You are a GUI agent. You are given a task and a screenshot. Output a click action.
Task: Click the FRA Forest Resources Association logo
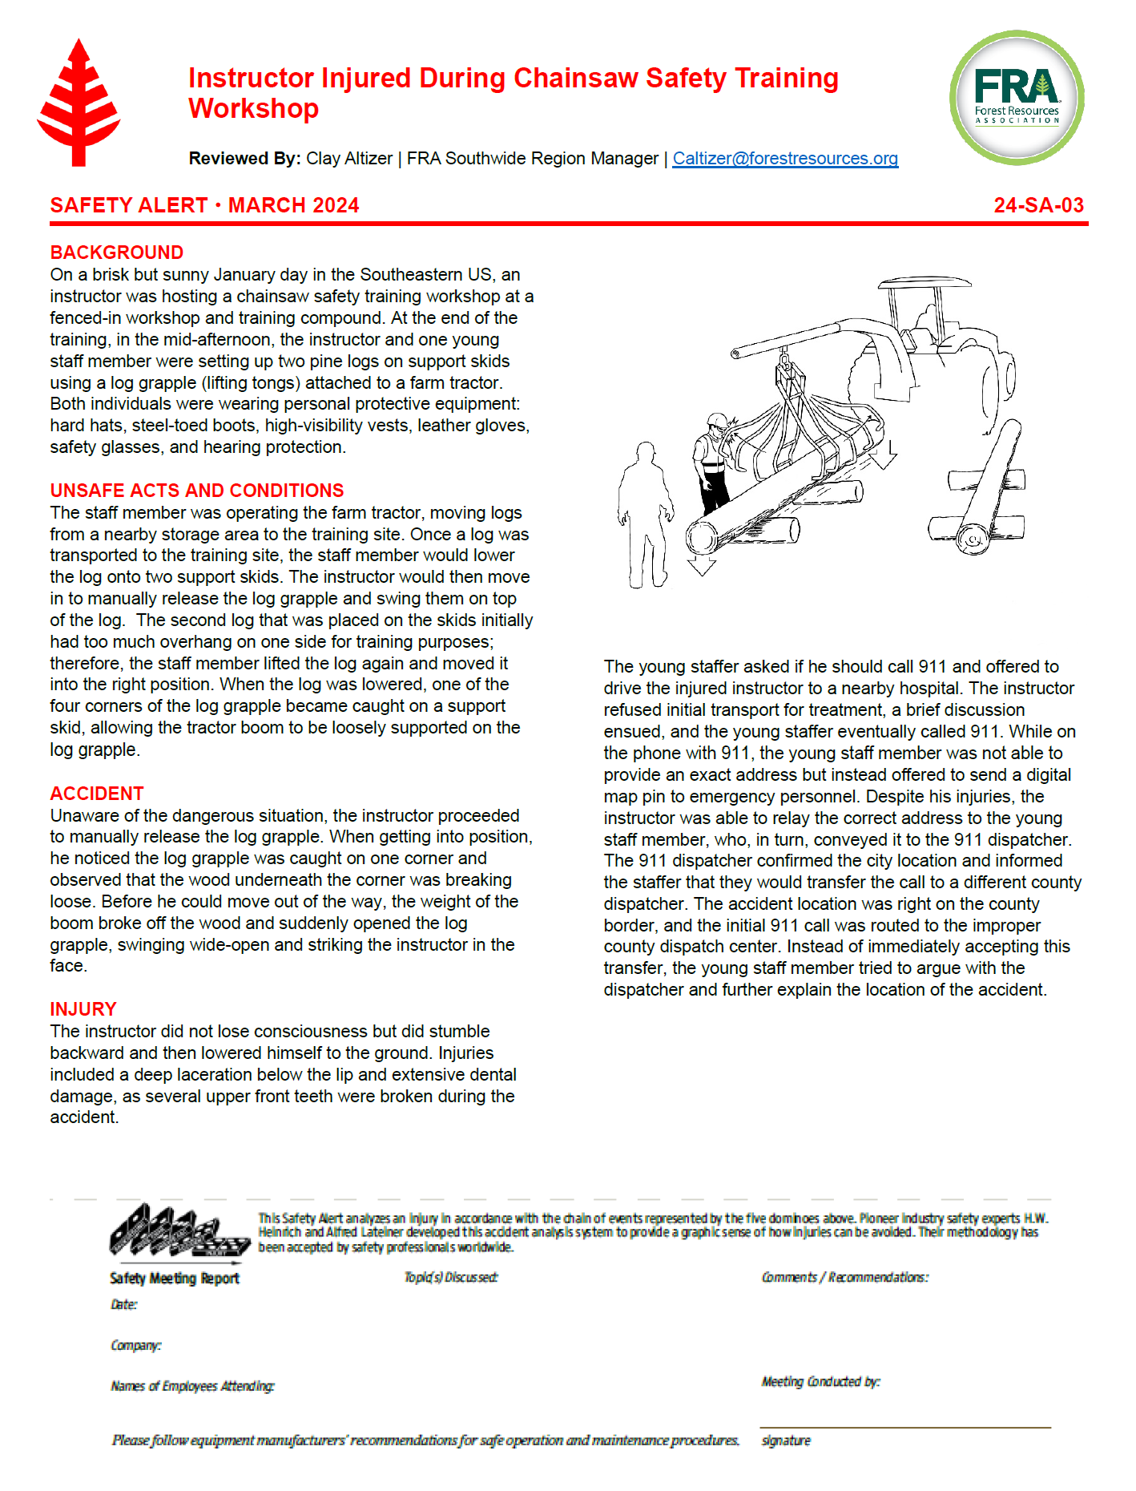click(1016, 98)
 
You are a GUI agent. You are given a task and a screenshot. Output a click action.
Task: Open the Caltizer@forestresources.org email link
click(784, 159)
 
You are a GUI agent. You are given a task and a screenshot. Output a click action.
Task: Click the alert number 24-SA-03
click(1038, 205)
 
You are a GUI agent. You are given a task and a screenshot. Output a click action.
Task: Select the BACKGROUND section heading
click(117, 253)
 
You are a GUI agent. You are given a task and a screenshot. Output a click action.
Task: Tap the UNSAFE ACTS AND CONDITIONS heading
click(197, 491)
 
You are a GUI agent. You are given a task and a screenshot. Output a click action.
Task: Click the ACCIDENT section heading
click(97, 794)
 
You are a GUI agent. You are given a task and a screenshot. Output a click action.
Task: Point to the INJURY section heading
click(83, 1009)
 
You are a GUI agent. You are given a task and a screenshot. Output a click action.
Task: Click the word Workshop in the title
click(253, 108)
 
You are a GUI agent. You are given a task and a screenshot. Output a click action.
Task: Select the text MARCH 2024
click(293, 205)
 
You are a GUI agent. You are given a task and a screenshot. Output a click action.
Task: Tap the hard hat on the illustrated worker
click(715, 420)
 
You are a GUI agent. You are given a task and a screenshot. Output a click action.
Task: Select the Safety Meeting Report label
click(175, 1279)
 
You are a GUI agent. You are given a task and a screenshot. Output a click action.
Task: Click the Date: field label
click(124, 1305)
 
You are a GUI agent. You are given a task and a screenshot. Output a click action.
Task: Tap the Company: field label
click(136, 1345)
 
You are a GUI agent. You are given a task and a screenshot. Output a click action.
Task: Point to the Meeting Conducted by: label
click(820, 1382)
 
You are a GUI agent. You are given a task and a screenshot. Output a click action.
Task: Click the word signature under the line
click(786, 1440)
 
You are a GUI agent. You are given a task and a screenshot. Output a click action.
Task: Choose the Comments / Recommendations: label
click(844, 1277)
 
